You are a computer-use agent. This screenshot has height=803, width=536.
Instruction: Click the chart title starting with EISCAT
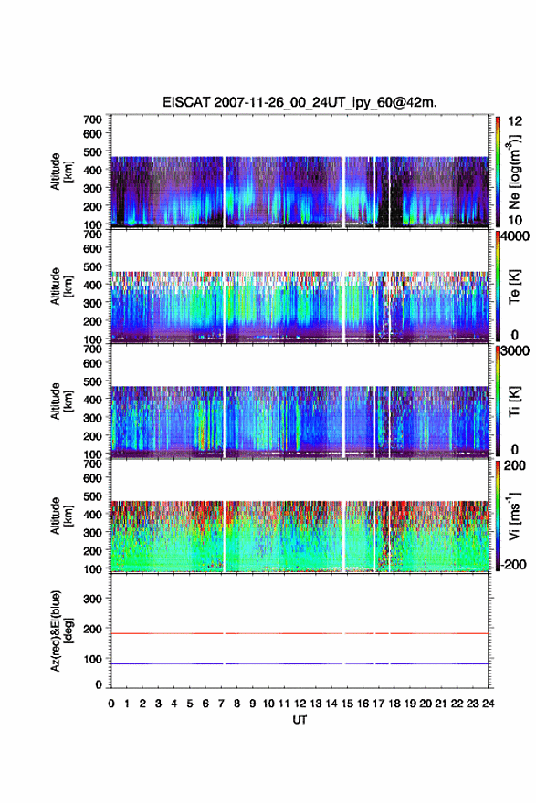(300, 102)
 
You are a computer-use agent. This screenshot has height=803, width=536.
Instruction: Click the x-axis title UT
(300, 720)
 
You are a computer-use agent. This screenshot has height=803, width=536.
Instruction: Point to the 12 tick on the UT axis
(300, 704)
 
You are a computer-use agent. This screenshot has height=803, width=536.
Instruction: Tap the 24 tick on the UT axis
(489, 704)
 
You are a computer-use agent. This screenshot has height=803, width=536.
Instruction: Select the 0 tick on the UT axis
(111, 704)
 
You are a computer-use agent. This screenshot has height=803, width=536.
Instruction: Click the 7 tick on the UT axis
(221, 704)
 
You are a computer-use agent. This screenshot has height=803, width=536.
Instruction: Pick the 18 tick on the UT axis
(394, 704)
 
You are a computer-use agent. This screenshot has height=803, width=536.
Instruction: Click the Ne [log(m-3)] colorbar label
(514, 172)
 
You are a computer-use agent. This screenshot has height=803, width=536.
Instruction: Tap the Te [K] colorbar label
(514, 287)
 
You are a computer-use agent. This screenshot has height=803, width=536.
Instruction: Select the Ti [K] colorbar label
(514, 401)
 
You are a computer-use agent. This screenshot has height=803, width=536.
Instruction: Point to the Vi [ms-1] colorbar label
(514, 516)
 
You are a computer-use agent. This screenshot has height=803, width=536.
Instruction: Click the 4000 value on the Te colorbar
(515, 236)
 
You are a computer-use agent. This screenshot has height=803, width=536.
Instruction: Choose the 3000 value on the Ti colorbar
(515, 350)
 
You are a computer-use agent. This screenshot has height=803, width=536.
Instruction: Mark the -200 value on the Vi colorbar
(512, 564)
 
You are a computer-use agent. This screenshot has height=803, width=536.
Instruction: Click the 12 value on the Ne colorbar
(515, 121)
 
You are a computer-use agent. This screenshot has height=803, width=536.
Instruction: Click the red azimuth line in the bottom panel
(300, 633)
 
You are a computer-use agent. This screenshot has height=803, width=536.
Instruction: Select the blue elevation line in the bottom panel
(300, 663)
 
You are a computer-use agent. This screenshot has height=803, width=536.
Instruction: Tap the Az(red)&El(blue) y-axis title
(60, 631)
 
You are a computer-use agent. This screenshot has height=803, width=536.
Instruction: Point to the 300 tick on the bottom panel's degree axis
(93, 599)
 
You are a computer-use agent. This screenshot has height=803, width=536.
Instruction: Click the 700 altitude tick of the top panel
(93, 120)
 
